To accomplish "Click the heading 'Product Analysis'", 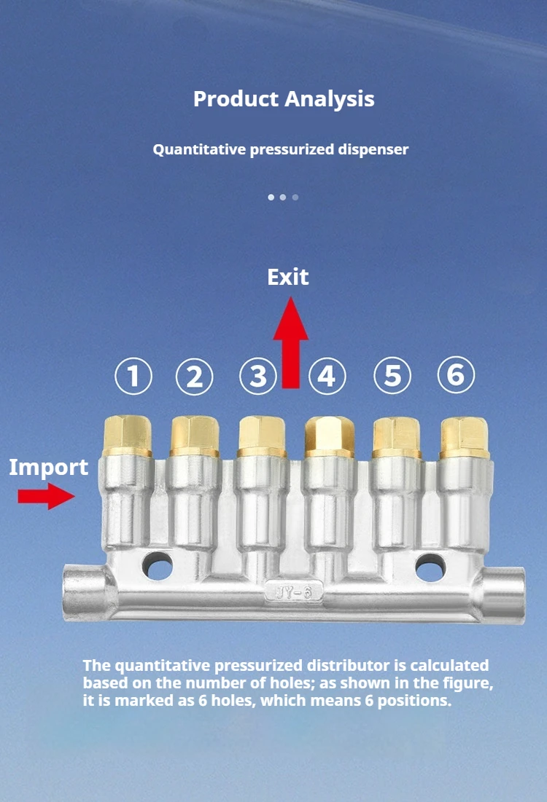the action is tap(284, 99).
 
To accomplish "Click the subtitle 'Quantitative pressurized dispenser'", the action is tap(281, 150).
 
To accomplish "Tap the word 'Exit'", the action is tap(288, 278).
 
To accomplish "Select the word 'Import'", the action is tap(49, 468).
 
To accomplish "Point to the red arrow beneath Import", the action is tap(46, 497).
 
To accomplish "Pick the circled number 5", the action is tap(392, 377).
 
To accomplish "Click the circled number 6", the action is tap(456, 375).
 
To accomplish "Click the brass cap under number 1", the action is tap(128, 435).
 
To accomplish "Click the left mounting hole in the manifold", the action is tap(158, 566).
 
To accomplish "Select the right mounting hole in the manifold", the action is tap(430, 567).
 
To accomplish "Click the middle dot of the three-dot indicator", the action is tap(283, 197).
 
